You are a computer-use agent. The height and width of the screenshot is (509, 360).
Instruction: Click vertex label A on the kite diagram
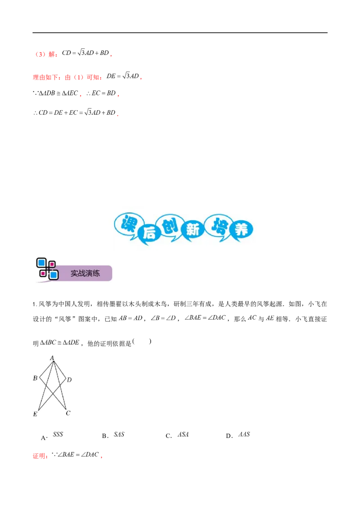52,358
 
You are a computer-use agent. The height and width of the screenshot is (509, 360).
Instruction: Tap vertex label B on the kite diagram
35,378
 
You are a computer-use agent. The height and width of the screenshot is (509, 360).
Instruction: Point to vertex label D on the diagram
69,380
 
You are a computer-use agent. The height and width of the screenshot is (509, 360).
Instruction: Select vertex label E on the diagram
35,414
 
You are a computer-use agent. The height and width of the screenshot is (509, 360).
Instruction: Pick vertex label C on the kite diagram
68,413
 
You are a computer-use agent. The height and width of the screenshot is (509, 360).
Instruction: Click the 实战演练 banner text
85,273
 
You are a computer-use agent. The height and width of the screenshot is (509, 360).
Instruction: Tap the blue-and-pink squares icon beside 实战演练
47,269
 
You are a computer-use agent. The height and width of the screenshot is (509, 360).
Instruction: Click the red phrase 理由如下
45,77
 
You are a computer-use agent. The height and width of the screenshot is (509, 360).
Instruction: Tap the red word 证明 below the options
39,456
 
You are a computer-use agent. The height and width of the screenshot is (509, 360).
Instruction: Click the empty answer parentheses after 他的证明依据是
142,341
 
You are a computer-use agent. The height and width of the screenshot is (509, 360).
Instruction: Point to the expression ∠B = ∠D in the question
163,318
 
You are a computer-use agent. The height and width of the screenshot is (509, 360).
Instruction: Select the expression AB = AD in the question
130,318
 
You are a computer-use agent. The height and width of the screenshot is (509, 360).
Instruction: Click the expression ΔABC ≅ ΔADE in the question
59,343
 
